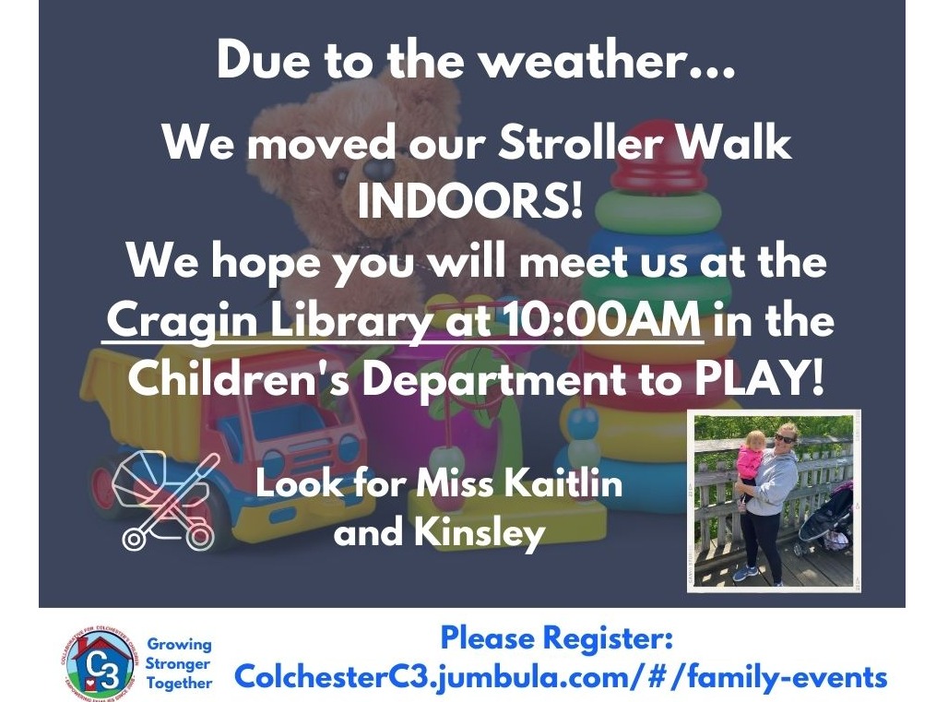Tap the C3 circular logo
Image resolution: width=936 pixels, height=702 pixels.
[98, 661]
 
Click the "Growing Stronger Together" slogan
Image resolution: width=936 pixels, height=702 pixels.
[179, 663]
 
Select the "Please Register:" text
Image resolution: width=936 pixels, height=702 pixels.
[557, 637]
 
